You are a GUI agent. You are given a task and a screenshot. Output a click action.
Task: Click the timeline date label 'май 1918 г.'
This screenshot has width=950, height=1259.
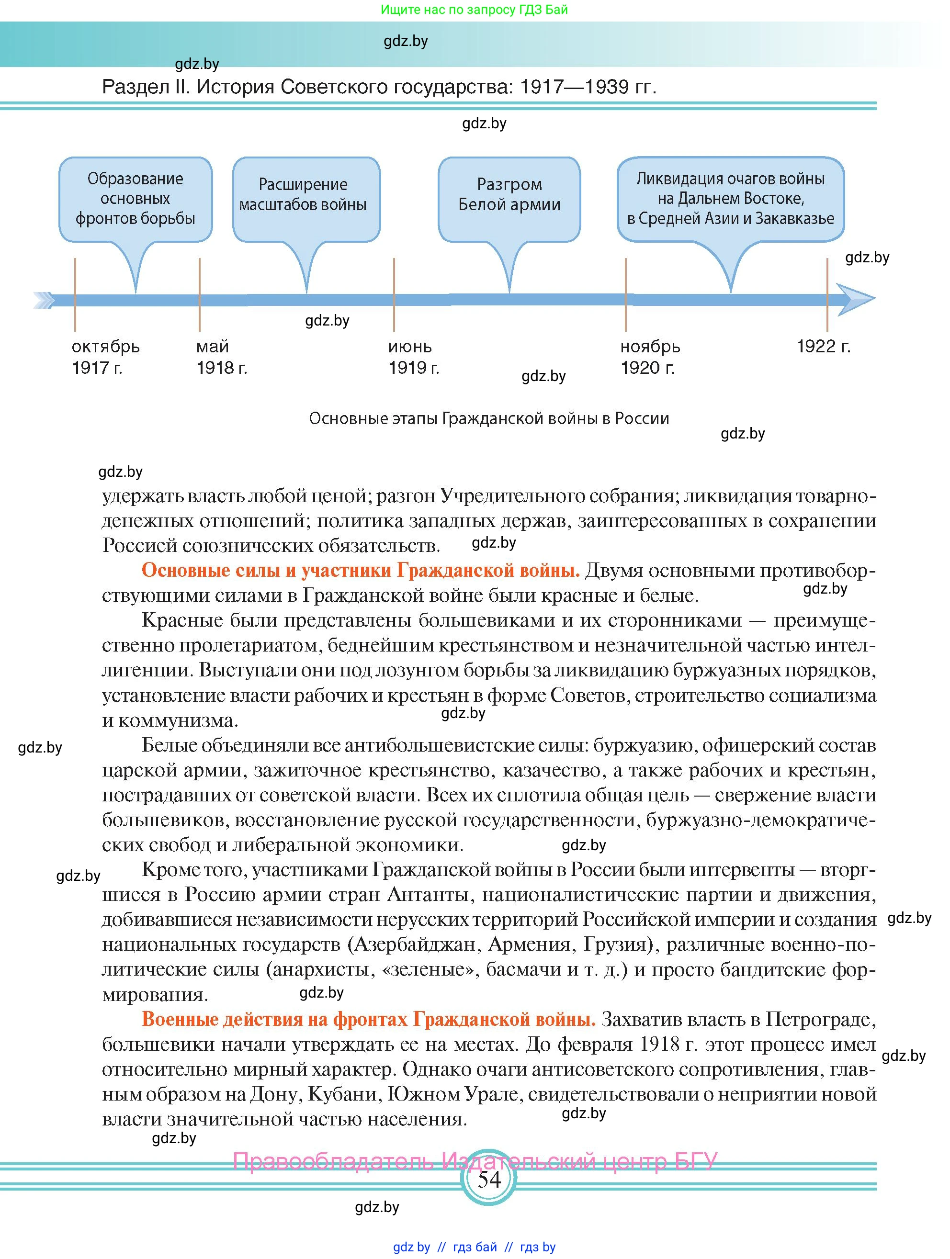pos(221,357)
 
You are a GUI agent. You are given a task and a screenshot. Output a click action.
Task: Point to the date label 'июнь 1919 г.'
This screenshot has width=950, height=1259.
pos(413,357)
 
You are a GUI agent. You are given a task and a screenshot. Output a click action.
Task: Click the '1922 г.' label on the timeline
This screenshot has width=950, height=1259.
pos(823,347)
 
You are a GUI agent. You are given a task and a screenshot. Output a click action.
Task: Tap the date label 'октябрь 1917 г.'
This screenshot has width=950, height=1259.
pos(105,357)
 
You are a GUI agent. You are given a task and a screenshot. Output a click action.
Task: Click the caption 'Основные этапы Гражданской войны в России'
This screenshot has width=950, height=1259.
pos(488,419)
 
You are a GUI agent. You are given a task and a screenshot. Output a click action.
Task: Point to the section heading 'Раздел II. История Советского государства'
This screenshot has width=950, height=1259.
pos(379,87)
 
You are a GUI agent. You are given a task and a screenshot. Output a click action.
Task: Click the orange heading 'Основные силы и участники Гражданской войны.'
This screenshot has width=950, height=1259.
pos(360,570)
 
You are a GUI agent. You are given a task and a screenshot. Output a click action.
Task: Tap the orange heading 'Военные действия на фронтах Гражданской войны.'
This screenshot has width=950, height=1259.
pos(368,1019)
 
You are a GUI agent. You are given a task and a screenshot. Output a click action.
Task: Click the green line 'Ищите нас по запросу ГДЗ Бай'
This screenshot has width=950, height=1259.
pos(474,10)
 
